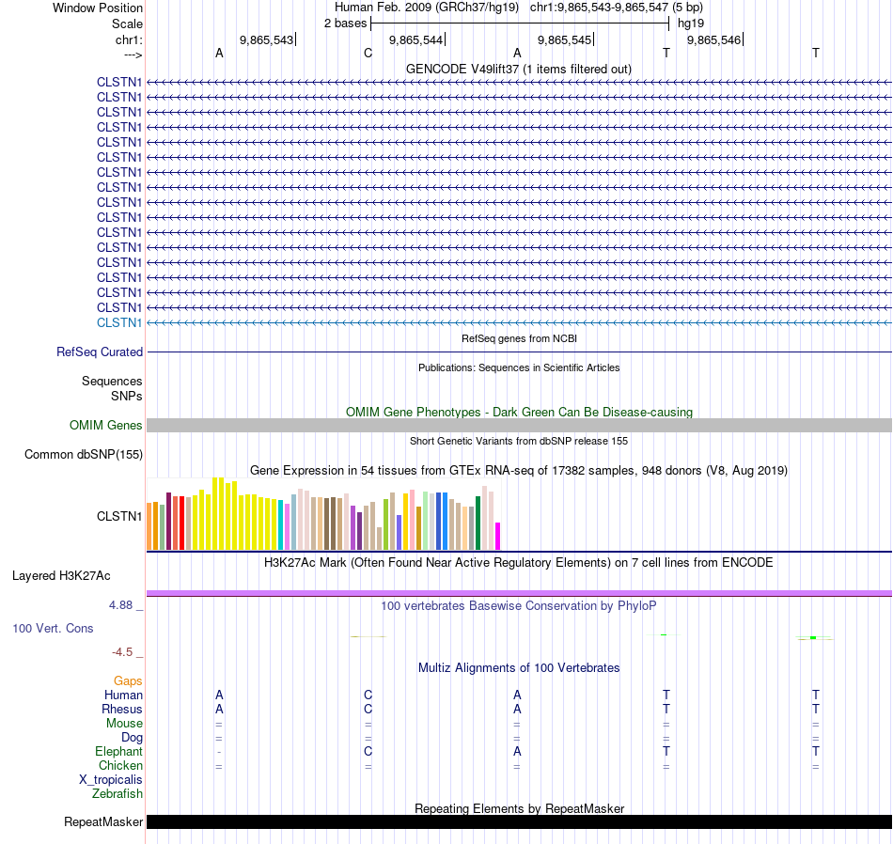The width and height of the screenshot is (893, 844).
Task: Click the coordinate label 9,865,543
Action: coord(266,39)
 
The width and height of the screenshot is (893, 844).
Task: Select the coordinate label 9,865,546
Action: coord(713,39)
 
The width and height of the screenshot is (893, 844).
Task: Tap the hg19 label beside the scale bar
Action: coord(690,23)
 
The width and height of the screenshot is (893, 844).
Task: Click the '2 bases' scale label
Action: coord(345,23)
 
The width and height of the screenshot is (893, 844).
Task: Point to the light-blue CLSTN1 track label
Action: coord(119,322)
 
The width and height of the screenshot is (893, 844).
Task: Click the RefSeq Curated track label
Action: coord(100,352)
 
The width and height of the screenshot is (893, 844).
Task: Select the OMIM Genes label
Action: coord(106,426)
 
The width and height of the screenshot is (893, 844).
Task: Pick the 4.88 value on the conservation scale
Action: coord(122,605)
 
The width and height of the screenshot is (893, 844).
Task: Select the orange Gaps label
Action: coord(128,680)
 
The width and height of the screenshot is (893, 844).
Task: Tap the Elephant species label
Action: coord(118,752)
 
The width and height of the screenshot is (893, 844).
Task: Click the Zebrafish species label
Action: coord(117,794)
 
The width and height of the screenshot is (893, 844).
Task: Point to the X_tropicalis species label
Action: coord(111,780)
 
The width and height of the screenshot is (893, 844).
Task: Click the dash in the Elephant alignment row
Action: coord(219,752)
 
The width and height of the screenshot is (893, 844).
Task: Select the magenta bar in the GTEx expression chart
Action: coord(498,536)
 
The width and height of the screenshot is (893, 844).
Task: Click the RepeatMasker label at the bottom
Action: coord(103,822)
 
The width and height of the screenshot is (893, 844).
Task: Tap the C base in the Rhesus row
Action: coord(368,709)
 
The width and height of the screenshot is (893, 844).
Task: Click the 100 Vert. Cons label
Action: coord(53,628)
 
